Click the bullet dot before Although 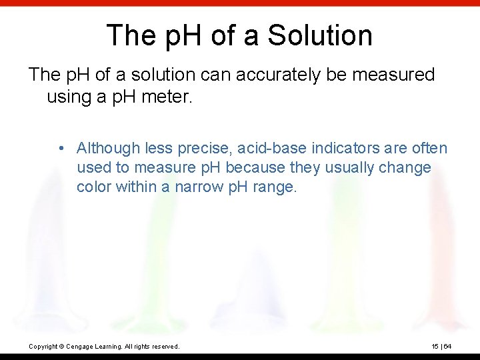61,148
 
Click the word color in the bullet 94,187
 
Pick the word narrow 200,187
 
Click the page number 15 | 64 441,346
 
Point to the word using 68,97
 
